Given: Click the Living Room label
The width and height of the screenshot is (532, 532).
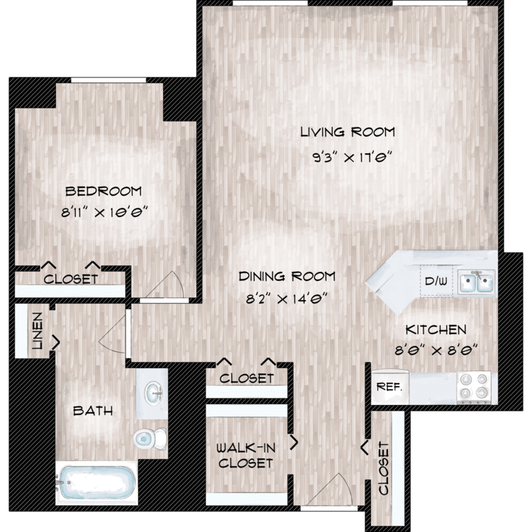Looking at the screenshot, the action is pos(348,132).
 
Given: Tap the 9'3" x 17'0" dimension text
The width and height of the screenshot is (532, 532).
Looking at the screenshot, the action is pos(352,157).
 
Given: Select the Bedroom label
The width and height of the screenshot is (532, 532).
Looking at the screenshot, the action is pos(103,192).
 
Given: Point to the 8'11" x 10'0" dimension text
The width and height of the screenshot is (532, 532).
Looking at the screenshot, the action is pos(104,213).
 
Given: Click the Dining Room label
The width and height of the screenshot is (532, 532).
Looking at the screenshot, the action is pos(287,277).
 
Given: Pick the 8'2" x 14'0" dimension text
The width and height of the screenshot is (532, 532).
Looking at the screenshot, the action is pos(287,299).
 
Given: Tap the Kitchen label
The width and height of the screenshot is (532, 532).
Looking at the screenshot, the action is pos(436,330).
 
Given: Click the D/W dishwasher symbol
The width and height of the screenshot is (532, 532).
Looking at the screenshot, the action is pos(436,282).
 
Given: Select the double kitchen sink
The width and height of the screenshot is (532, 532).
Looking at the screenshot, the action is pos(476,282).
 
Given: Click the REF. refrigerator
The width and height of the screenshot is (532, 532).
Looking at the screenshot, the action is pos(390,387).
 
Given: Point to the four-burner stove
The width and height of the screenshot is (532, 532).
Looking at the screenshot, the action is pos(474,387).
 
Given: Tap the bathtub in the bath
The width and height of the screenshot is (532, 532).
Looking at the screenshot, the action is pos(96,483).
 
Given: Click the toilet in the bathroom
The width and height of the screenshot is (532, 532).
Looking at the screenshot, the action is pos(150,438).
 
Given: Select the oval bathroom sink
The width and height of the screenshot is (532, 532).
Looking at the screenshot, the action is pos(153,393).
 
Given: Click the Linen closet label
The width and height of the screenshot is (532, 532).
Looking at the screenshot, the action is pos(37,331).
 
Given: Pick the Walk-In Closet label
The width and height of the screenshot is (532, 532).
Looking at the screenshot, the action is pos(245,455).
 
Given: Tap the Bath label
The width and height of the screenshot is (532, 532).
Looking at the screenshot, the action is pos(93,411).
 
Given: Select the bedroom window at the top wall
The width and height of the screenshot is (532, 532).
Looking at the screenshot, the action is pos(109,80).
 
